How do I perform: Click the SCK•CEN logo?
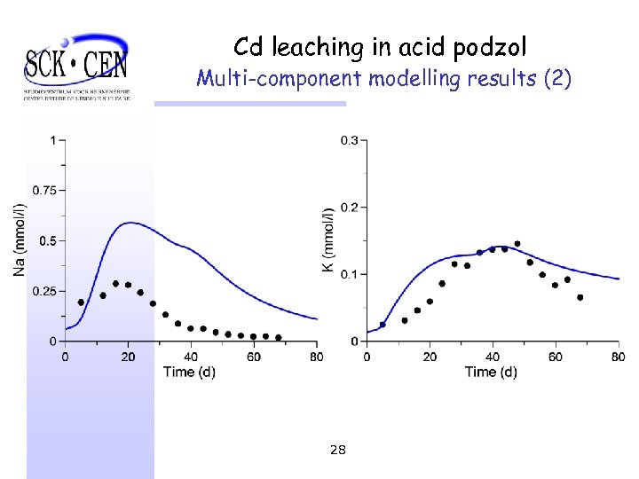coord(76,67)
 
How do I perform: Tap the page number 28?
coord(337,450)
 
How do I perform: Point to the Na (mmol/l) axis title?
coord(20,239)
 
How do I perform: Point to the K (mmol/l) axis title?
coord(328,239)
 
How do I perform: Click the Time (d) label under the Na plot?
coord(189,372)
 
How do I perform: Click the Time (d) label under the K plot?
coord(491,372)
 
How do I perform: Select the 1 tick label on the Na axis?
coord(52,140)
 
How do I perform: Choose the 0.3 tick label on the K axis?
coord(350,140)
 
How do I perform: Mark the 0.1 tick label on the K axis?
coord(350,274)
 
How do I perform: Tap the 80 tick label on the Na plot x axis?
coord(316,357)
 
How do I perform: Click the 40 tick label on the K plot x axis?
coord(493,357)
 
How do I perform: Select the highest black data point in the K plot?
coord(517,243)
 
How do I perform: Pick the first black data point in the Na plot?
coord(81,302)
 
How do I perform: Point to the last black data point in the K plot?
coord(580,297)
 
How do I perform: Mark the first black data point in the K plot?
coord(383,325)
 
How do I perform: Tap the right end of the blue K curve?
coord(619,279)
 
